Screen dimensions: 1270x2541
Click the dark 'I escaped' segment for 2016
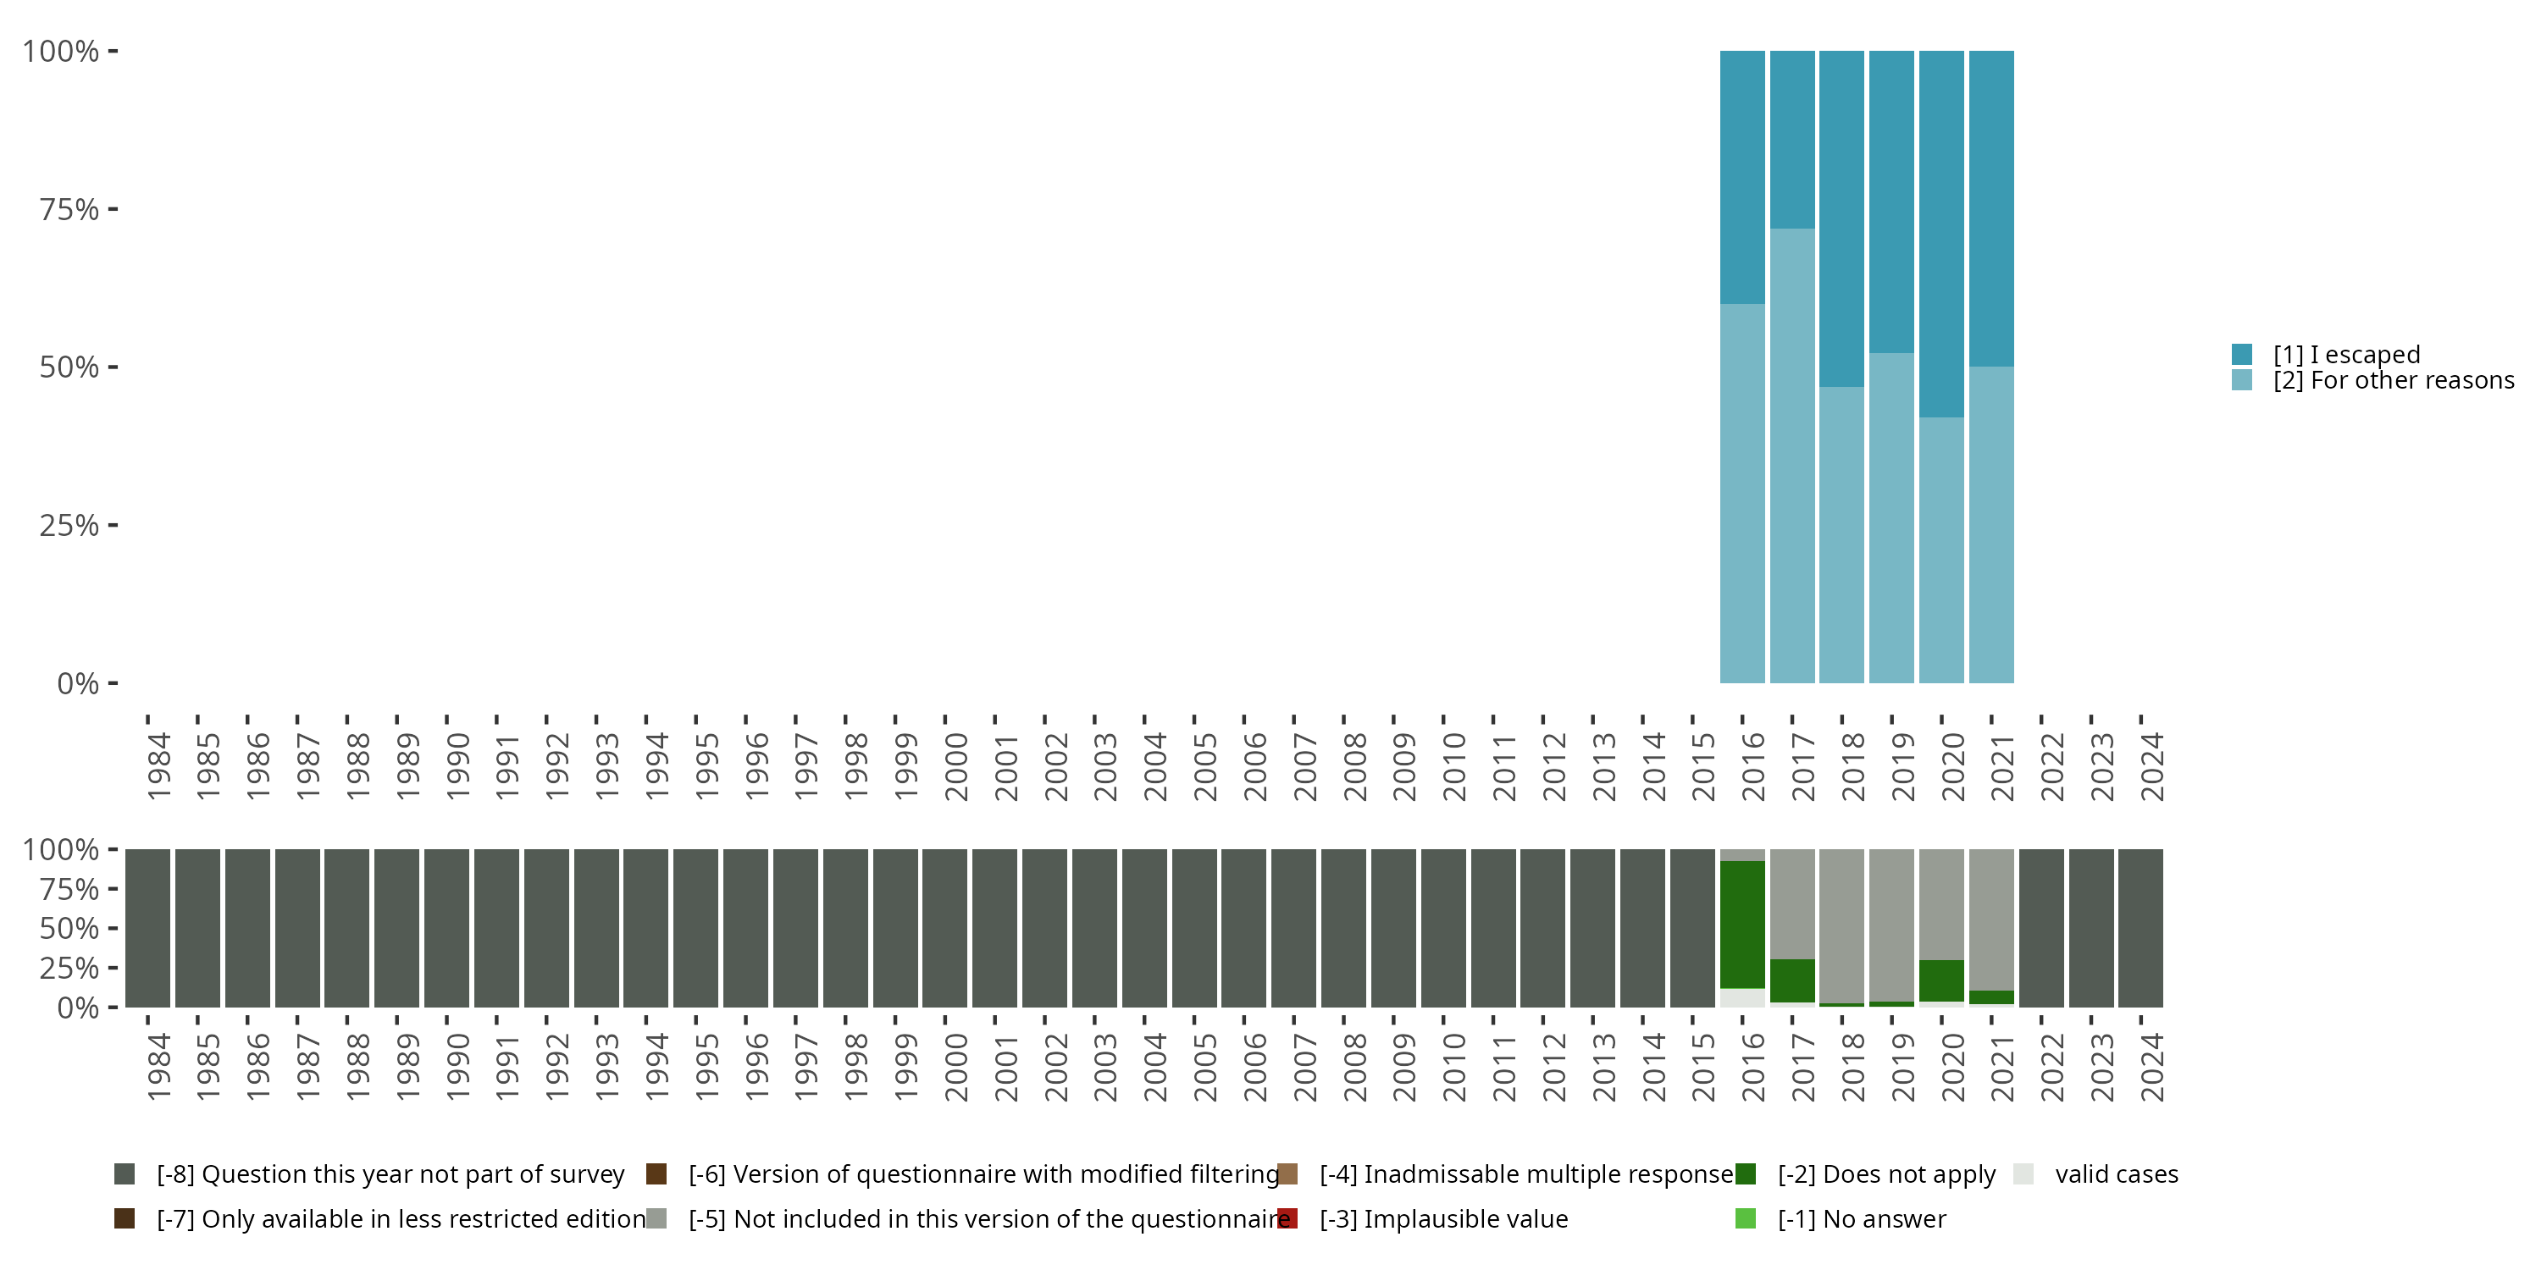tap(1742, 178)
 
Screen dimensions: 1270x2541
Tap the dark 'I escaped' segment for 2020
tap(1941, 234)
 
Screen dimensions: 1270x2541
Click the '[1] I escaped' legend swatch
tap(2242, 354)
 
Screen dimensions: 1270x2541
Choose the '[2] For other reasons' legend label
tap(2393, 381)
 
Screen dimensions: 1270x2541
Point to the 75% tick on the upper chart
tap(113, 209)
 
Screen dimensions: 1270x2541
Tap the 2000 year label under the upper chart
tap(955, 766)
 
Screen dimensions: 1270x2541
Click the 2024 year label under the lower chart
tap(2152, 1067)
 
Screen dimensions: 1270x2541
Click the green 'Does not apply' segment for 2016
tap(1742, 924)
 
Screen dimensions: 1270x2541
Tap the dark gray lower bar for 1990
tap(447, 928)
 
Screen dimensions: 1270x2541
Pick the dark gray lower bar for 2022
tap(2041, 928)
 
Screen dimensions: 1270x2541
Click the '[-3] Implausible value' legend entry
tap(1443, 1218)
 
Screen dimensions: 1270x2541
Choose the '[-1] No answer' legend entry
tap(1862, 1218)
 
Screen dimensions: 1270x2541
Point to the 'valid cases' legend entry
tap(2116, 1174)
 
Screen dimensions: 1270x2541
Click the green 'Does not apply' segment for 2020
tap(1941, 980)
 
